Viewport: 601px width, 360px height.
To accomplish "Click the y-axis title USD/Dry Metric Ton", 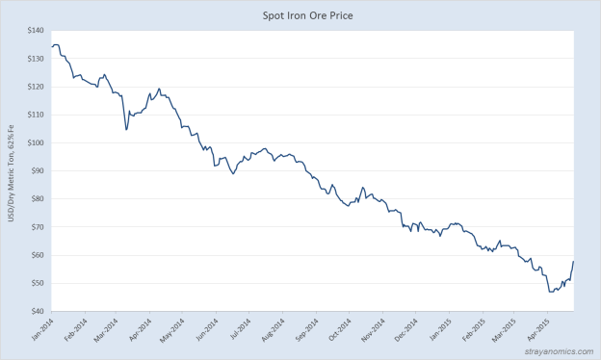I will coord(12,172).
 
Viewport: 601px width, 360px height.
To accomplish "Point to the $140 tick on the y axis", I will coord(34,31).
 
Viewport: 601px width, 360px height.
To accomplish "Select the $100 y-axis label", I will coord(34,142).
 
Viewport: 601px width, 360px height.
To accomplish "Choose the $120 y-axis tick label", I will coord(34,87).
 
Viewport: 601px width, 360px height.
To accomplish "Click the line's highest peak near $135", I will coord(56,44).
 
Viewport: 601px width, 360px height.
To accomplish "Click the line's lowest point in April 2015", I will coord(550,292).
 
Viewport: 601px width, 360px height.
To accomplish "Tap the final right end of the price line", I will coord(574,261).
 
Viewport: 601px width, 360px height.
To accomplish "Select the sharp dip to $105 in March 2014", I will coord(126,129).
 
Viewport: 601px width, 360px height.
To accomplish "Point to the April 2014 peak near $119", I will coord(159,89).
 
